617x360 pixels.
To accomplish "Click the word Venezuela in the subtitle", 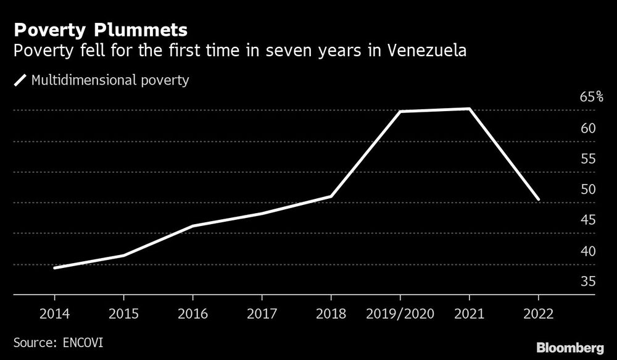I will pos(426,51).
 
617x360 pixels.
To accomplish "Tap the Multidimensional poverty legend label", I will pos(110,80).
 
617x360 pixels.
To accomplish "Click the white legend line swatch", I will pos(20,80).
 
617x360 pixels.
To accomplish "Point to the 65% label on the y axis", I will pos(591,98).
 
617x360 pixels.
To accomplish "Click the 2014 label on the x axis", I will pos(54,314).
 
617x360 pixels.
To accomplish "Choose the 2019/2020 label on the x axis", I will pos(400,314).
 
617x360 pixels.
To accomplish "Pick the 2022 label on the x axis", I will pos(539,314).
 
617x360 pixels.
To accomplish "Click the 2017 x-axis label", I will pos(262,314).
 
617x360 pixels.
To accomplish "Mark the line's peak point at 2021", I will pos(470,109).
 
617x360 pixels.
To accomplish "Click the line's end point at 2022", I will pos(539,199).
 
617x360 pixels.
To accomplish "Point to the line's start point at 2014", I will pos(54,268).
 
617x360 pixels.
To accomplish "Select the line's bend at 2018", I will pos(331,196).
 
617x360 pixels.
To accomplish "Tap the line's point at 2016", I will pos(193,226).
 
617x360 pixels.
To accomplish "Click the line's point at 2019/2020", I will pos(400,112).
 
